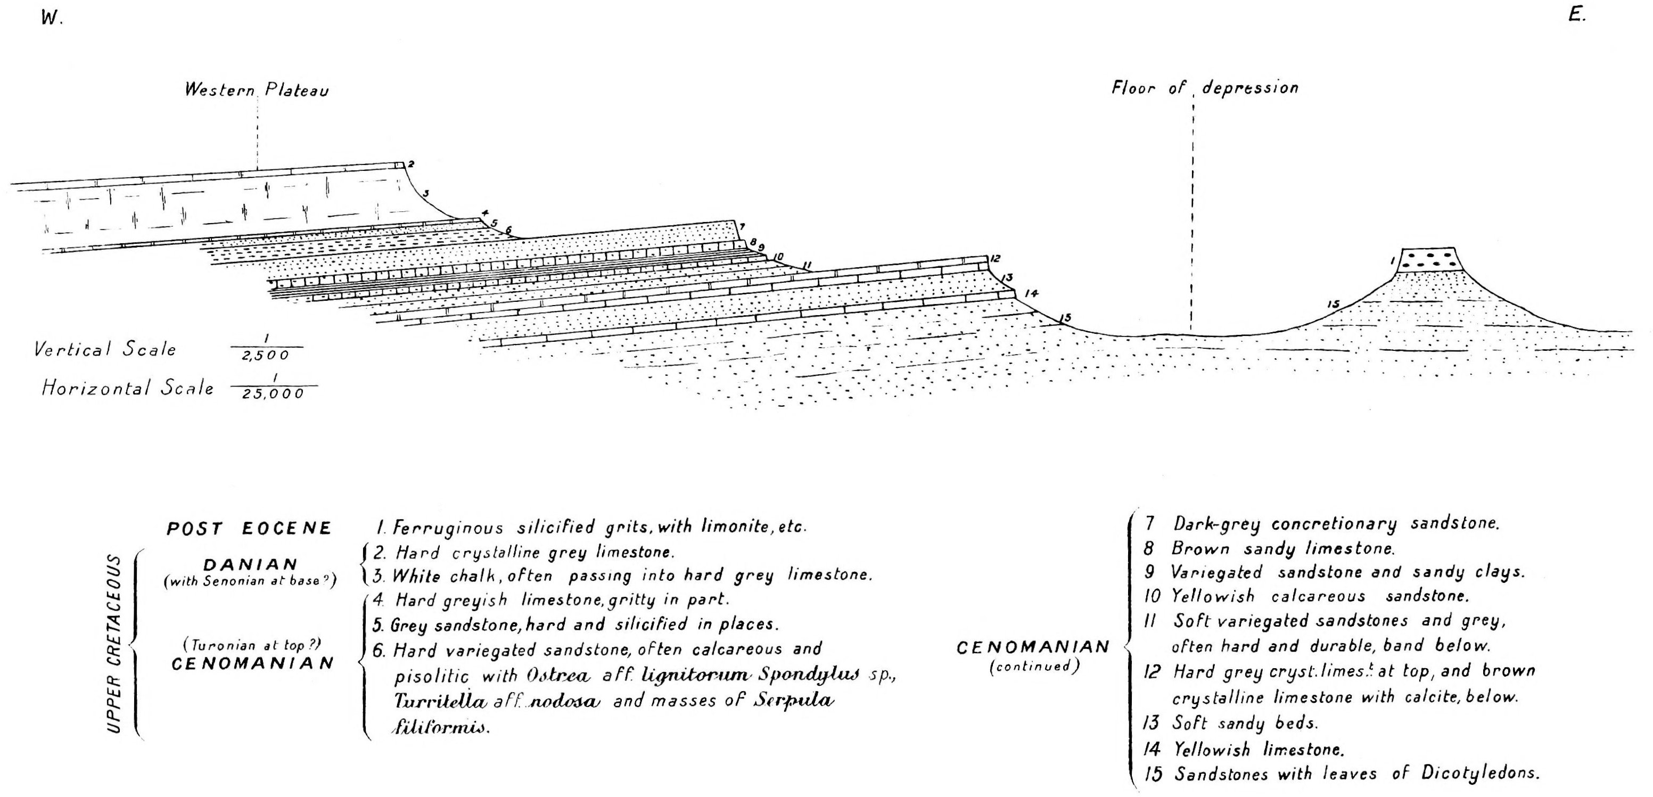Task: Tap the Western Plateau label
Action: coord(257,89)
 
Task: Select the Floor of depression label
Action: coord(1204,88)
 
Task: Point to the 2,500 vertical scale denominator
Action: coord(266,356)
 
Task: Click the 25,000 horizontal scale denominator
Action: coord(273,394)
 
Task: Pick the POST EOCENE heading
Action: coord(250,528)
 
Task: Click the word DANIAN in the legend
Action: coord(251,565)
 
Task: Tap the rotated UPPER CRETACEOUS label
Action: coord(113,643)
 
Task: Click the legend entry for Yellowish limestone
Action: coord(1257,749)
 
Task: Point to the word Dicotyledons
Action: coord(1480,773)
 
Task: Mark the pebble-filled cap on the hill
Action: coord(1428,259)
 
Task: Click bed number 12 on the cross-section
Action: coord(994,259)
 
